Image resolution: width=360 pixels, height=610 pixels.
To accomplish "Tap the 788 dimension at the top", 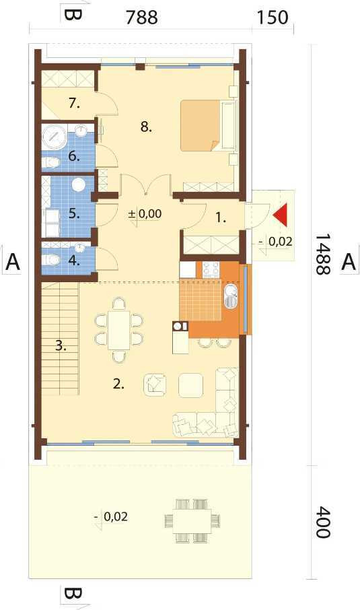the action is point(141,18).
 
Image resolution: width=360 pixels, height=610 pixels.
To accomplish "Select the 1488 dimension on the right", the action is point(323,255).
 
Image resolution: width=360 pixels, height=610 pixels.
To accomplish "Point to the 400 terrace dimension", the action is point(323,522).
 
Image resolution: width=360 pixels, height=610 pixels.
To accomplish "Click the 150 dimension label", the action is point(273,18).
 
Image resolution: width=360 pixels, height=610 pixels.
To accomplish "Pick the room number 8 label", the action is point(146,127).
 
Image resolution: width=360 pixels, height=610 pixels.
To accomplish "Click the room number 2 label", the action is point(118,384).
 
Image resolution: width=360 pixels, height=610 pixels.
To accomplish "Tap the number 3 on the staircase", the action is point(61,345).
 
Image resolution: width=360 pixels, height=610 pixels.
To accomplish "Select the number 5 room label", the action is point(74,213).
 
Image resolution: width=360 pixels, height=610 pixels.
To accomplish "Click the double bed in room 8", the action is point(209,125).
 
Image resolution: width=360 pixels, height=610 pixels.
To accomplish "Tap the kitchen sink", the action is point(231,296).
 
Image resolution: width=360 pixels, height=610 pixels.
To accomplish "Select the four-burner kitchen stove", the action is point(211,269).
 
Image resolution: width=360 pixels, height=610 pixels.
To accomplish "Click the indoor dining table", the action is point(119,330).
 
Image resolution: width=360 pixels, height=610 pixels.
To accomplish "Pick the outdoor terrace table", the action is point(192,520).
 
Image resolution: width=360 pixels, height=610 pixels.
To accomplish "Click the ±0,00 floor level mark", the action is point(145,214).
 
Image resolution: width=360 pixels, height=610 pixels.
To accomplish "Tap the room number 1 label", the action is point(221,218).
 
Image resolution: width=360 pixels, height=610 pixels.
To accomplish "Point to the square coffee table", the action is point(191,385).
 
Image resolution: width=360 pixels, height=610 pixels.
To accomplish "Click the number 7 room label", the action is point(74,103).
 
